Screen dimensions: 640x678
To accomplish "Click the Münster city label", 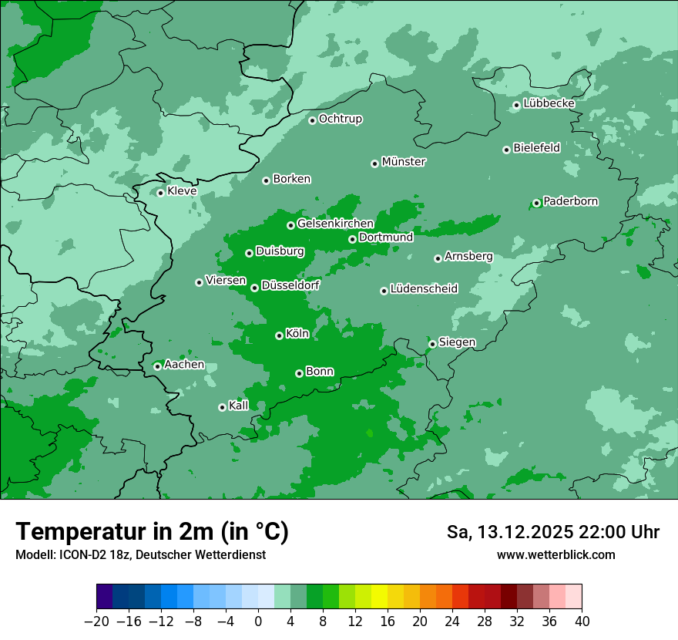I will [404, 162].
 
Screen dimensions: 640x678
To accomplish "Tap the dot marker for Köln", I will [279, 335].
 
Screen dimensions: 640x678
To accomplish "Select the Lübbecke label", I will [549, 103].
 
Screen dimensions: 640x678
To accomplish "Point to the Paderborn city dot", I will [536, 203].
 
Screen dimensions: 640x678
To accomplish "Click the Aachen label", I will [184, 365].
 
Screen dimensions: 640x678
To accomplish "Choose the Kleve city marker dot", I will [160, 193].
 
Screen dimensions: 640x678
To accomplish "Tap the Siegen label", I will [457, 342].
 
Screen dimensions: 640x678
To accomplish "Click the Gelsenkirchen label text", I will [335, 224].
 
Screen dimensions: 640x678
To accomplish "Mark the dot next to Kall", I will [222, 407].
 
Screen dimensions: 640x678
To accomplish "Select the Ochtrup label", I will [341, 119].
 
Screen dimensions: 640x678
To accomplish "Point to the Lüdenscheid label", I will [424, 289].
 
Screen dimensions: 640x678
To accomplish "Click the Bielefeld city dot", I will [506, 150].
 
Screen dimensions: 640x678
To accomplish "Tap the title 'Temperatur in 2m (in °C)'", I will [153, 531].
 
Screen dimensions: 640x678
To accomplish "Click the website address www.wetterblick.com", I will [555, 554].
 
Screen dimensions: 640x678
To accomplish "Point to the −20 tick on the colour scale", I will [97, 621].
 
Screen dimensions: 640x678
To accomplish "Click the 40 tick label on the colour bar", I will [582, 621].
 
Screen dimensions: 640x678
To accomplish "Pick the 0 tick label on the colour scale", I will [258, 621].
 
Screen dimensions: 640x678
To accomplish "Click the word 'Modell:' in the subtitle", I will [34, 554].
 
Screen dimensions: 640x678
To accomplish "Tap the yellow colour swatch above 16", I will [379, 597].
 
